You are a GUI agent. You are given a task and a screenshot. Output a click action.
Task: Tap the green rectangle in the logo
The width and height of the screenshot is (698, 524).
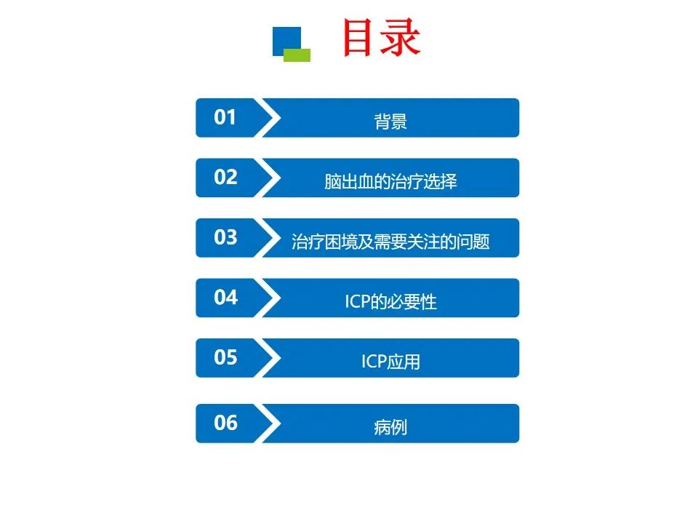[297, 55]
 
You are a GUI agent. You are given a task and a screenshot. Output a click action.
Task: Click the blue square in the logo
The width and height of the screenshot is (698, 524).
[286, 40]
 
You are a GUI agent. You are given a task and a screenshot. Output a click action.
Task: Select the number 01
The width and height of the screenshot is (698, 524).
[225, 116]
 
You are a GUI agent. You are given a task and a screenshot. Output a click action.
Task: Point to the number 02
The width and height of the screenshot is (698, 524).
[225, 177]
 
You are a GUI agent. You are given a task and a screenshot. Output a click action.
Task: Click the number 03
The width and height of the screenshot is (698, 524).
[225, 237]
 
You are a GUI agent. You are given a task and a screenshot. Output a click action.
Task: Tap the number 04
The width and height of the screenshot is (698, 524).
[225, 297]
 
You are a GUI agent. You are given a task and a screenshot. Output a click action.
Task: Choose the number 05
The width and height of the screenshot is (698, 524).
[225, 357]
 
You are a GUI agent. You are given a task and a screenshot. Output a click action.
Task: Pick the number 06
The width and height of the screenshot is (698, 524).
[225, 423]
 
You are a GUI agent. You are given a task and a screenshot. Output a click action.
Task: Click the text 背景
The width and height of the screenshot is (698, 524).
[390, 122]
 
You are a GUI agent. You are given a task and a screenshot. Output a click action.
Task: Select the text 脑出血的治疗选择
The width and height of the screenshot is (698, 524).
[390, 181]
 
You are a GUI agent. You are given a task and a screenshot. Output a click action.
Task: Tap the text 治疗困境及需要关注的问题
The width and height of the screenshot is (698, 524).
[390, 242]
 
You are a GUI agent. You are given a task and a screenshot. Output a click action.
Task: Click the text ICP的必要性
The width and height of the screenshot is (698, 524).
[390, 301]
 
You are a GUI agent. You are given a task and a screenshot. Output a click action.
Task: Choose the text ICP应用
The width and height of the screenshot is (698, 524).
[390, 362]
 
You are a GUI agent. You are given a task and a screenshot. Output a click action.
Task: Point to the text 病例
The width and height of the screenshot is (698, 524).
[390, 427]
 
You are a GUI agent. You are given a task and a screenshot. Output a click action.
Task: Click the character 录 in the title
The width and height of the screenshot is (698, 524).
[401, 38]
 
